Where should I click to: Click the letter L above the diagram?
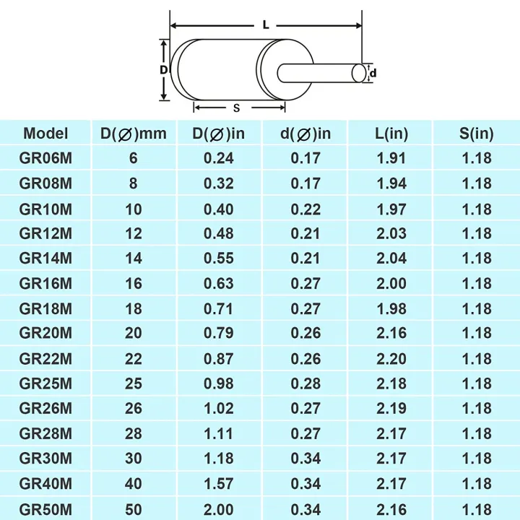click(266, 25)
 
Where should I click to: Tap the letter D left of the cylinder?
click(164, 69)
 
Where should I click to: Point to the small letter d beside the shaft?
click(373, 73)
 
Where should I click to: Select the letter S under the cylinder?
click(236, 108)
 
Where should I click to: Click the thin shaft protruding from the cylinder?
click(321, 73)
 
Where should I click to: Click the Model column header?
click(45, 133)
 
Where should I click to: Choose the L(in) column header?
click(391, 133)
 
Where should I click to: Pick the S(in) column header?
click(476, 133)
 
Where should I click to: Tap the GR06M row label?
click(45, 158)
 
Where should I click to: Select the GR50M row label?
click(45, 508)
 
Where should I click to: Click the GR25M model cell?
click(45, 383)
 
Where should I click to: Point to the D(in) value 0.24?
click(219, 158)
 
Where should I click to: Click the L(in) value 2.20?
click(391, 359)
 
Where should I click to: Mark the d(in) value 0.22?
click(305, 209)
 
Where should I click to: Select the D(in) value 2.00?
click(219, 508)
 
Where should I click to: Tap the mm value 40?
click(134, 483)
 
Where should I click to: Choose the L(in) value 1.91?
click(391, 158)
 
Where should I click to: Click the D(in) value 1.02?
click(219, 408)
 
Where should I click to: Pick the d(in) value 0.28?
click(305, 383)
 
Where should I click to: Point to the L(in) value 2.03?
click(391, 233)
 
